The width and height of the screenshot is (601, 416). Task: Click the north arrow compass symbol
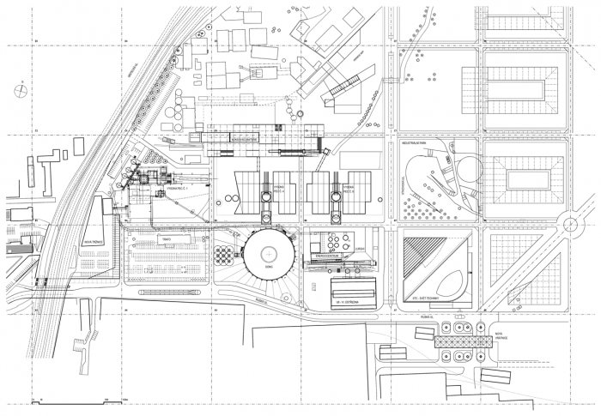[x=18, y=87]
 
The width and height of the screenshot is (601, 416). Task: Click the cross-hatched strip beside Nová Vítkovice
[x=464, y=342]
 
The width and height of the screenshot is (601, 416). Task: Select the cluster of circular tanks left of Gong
[x=226, y=255]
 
